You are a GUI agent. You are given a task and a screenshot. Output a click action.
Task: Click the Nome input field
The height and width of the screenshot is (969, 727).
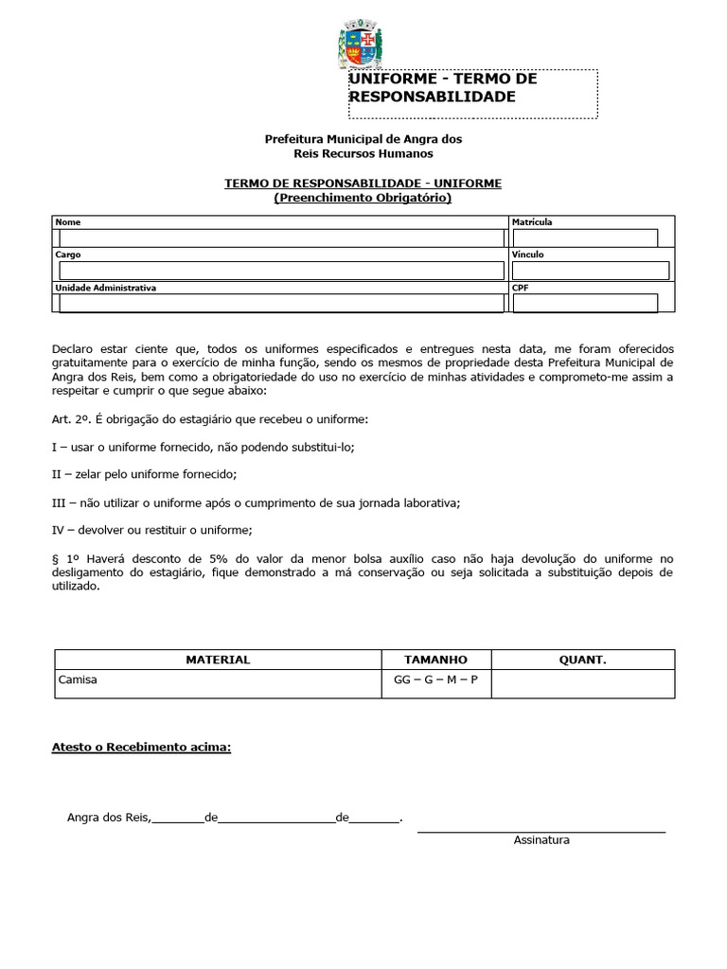pyautogui.click(x=281, y=238)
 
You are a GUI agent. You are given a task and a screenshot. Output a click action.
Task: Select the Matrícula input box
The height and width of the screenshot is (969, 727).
pyautogui.click(x=584, y=238)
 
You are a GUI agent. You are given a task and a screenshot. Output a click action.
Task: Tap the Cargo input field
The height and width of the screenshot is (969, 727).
pyautogui.click(x=281, y=271)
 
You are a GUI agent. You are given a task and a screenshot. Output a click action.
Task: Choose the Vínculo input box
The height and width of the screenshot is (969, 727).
pyautogui.click(x=584, y=271)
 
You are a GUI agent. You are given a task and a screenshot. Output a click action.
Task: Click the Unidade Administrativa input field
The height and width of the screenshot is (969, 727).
pyautogui.click(x=281, y=303)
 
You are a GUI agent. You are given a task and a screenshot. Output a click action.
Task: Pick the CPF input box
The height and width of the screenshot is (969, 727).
pyautogui.click(x=584, y=303)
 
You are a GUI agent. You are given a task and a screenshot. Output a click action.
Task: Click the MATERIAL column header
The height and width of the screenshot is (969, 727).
pyautogui.click(x=218, y=660)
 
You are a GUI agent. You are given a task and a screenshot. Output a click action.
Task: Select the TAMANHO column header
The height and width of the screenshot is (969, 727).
pyautogui.click(x=435, y=660)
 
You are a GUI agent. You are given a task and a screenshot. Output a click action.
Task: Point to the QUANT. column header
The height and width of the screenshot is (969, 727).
pyautogui.click(x=583, y=660)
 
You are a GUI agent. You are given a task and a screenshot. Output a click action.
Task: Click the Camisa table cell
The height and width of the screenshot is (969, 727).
pyautogui.click(x=78, y=679)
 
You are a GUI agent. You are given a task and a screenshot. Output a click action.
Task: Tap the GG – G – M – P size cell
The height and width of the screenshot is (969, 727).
pyautogui.click(x=435, y=679)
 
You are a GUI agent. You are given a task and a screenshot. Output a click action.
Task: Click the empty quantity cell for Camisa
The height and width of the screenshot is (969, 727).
pyautogui.click(x=583, y=684)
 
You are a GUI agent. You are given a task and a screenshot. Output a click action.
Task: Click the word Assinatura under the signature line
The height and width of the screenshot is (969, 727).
pyautogui.click(x=541, y=840)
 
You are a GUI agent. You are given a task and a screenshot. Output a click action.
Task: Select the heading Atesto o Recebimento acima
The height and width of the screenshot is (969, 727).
pyautogui.click(x=141, y=748)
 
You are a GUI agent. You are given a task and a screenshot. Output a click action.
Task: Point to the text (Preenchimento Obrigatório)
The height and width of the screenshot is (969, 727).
pyautogui.click(x=363, y=198)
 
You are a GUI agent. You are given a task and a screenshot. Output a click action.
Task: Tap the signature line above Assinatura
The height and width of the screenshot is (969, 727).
pyautogui.click(x=541, y=831)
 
